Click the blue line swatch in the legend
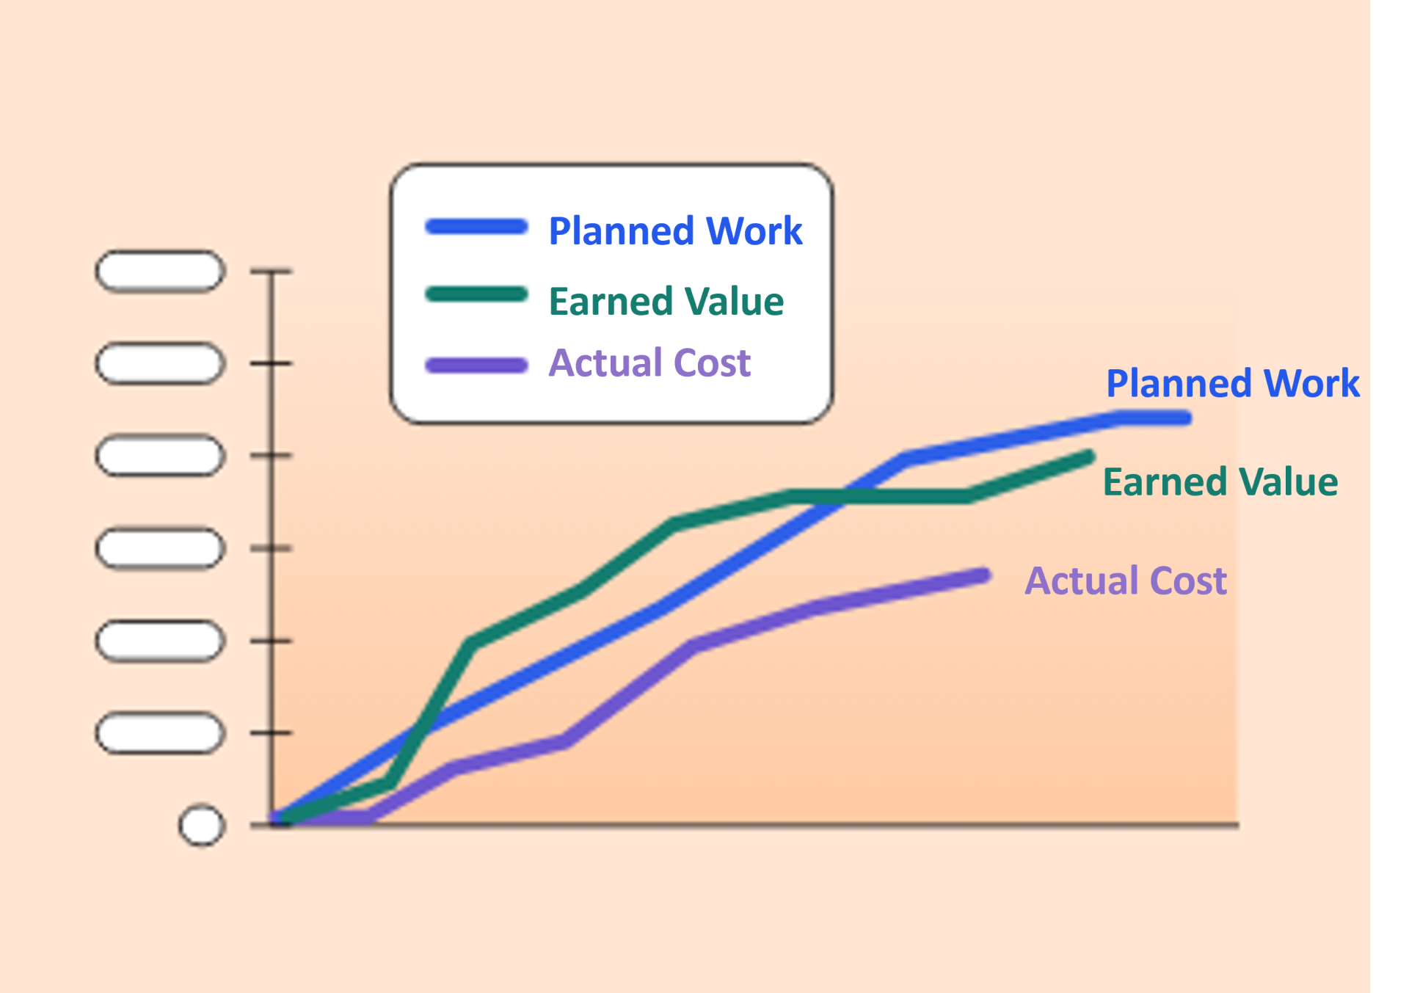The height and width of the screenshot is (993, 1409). pos(476,227)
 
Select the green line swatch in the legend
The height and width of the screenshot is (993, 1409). pos(476,295)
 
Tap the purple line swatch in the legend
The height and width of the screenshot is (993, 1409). pos(476,365)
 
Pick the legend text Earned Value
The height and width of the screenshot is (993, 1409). pos(666,302)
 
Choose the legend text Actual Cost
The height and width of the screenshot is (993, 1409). pos(650,363)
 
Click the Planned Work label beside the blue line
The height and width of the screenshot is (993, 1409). pos(1233,384)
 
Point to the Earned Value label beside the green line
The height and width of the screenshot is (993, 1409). pos(1220,482)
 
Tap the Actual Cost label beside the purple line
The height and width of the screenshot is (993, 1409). pos(1126,581)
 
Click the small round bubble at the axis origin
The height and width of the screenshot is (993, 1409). pos(201,826)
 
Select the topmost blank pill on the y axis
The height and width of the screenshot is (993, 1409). pos(160,272)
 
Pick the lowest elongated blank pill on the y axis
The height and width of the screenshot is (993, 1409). pos(160,732)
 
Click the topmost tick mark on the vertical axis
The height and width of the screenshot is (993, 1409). pos(271,272)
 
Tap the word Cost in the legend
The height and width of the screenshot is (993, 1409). pos(712,363)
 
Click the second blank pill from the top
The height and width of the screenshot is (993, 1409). pos(160,363)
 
